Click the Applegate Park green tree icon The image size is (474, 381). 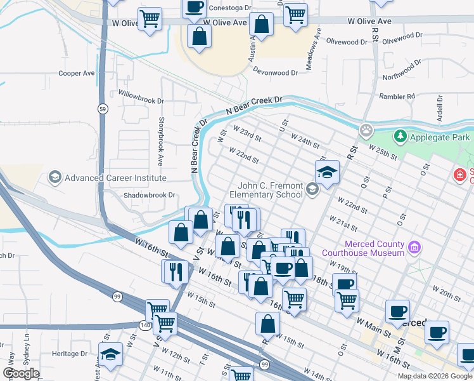point(400,137)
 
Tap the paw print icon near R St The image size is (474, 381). point(366,131)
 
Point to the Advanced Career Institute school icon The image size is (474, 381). point(55,178)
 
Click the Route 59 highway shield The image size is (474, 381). point(102,109)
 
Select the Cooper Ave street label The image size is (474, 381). point(76,73)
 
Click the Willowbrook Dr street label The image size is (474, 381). point(141,97)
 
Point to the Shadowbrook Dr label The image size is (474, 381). point(149,195)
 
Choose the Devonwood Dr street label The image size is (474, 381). point(275,72)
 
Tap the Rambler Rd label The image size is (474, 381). point(397,97)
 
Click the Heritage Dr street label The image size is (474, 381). point(70,354)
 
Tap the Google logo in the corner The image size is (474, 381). point(21,373)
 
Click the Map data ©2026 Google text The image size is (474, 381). point(435,376)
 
